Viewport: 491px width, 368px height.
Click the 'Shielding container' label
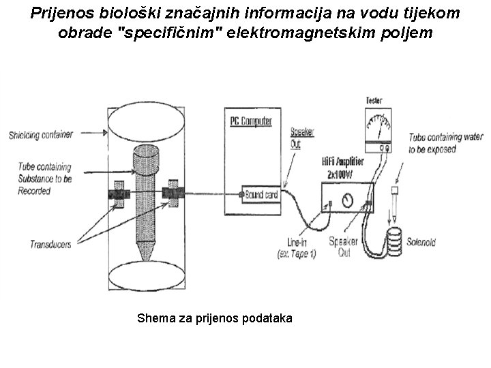click(40, 134)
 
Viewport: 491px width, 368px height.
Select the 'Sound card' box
click(261, 195)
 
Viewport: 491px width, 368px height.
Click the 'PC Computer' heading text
click(250, 121)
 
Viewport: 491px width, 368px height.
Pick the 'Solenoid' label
click(420, 242)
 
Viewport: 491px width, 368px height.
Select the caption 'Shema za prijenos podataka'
click(215, 318)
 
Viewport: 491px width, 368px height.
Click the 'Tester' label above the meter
click(374, 99)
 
